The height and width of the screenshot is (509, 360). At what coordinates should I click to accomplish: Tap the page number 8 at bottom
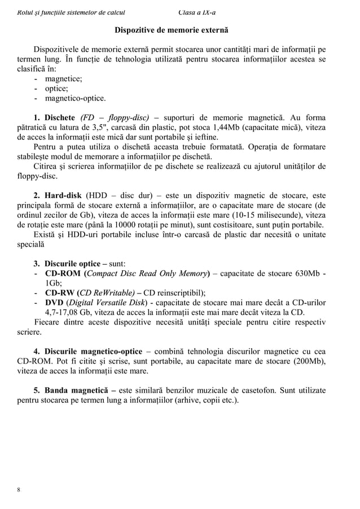(x=19, y=489)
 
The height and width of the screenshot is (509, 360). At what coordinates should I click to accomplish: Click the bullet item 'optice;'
(x=57, y=88)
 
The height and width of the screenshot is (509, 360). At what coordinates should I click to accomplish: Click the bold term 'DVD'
(x=54, y=303)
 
